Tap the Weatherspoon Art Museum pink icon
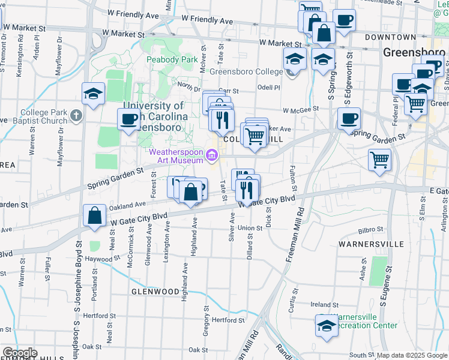[211, 157]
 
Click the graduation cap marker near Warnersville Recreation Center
[326, 326]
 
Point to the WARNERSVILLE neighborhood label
[368, 245]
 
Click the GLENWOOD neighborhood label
[155, 292]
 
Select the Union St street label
[250, 228]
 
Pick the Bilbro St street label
[370, 229]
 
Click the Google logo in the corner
[19, 353]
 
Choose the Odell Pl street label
[268, 87]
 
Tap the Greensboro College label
[246, 72]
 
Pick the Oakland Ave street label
[128, 205]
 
